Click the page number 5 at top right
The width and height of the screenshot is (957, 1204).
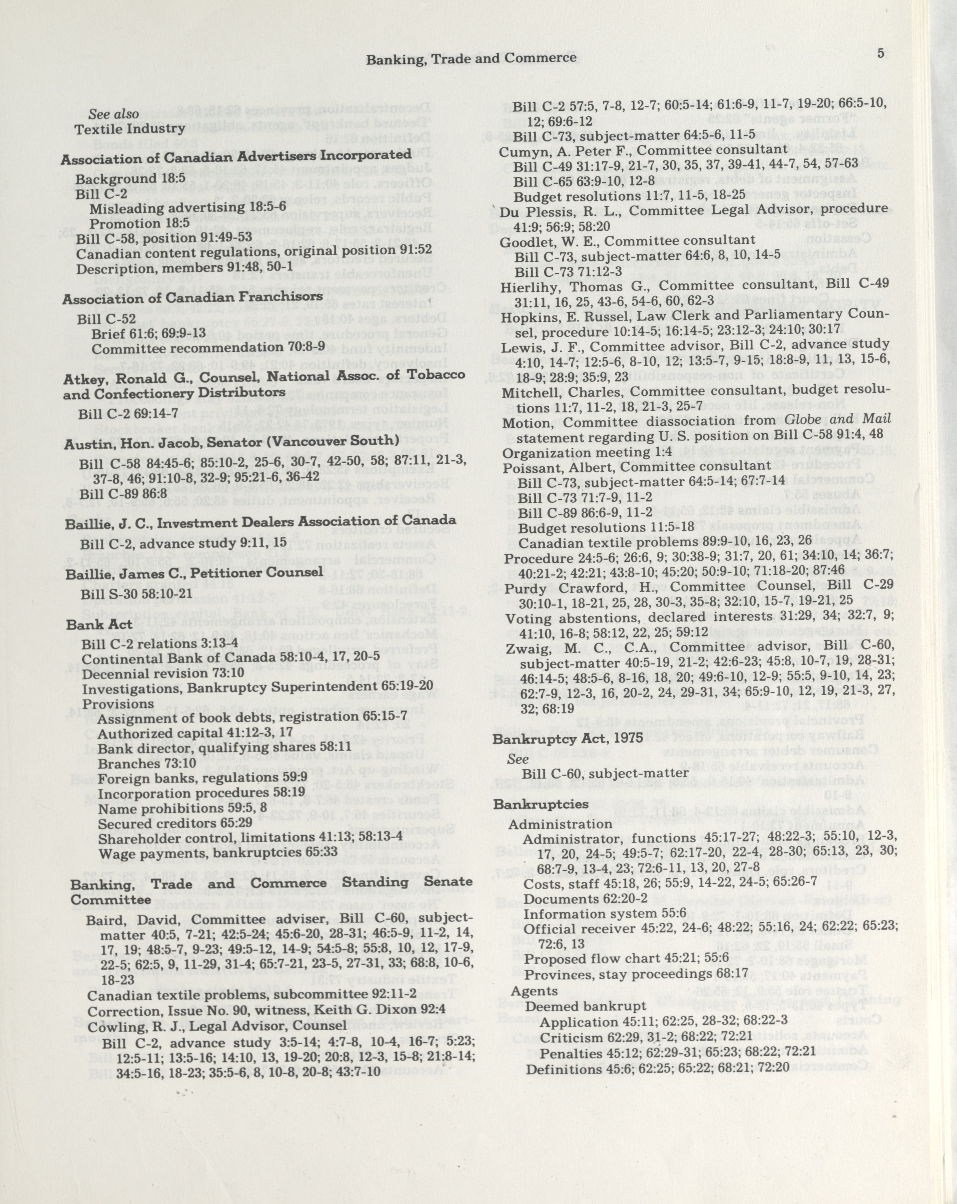880,53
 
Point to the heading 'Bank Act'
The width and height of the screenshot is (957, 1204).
99,624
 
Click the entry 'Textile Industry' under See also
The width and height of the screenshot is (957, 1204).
130,129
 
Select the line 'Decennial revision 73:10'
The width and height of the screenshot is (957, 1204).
163,673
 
